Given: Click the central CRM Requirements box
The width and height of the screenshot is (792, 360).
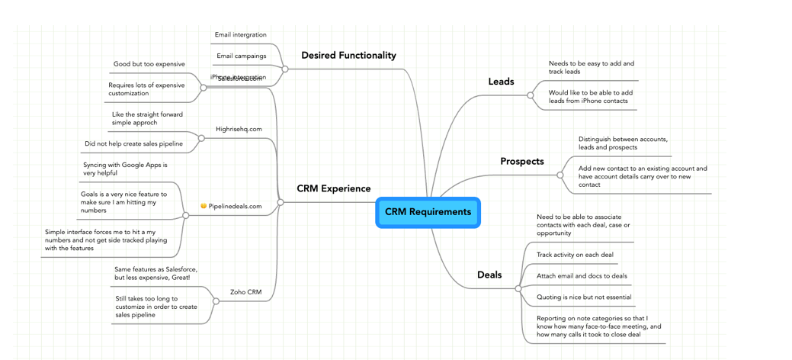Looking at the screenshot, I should point(428,212).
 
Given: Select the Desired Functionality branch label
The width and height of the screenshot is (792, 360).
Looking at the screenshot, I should point(348,56).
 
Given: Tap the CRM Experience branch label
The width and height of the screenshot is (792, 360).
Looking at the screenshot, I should point(333,189).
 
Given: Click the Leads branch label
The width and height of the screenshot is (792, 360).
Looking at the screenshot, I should point(501,82).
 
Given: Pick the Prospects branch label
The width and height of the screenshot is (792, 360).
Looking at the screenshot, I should point(521,162).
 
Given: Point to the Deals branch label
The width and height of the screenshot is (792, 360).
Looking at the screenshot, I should point(489,275).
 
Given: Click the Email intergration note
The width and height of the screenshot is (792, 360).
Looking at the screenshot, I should point(240,35).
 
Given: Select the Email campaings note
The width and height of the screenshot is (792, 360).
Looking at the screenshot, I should point(241,56).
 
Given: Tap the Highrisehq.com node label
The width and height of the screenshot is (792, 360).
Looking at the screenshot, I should point(239,130).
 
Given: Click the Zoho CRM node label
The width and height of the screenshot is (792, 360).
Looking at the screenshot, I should point(245,292).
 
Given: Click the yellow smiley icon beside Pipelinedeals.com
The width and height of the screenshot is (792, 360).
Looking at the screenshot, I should point(204,207).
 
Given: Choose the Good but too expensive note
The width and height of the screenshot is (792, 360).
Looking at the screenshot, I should point(149,64).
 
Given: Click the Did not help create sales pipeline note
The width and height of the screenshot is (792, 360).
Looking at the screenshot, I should point(133,143).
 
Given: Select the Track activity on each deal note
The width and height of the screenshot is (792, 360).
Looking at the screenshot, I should point(575,255).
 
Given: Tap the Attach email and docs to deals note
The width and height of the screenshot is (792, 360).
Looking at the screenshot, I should point(582,276).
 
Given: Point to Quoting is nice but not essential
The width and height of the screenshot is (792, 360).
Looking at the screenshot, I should point(583,297).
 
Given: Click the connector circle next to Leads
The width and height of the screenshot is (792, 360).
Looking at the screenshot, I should point(531,95).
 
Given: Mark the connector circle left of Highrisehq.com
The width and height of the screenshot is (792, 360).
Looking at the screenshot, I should point(201,138).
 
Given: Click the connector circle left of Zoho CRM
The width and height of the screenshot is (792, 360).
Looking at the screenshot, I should point(216,301).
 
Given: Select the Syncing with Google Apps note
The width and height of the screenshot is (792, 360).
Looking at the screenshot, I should point(125,169).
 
